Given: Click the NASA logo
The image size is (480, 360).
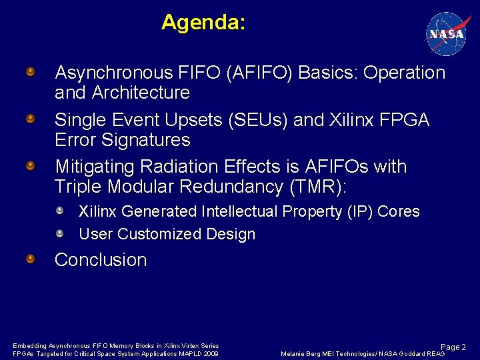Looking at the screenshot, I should click(x=446, y=33).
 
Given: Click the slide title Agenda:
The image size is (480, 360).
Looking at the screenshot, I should click(x=203, y=23).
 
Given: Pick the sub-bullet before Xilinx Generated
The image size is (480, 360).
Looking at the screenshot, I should click(x=60, y=211).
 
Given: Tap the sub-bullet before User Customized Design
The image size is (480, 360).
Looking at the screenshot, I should click(x=60, y=233).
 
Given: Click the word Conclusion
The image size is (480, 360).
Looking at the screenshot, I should click(x=101, y=260).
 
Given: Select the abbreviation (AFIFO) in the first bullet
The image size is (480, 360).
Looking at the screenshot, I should click(x=259, y=73).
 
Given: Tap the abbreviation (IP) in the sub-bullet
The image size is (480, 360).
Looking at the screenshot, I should click(x=359, y=211).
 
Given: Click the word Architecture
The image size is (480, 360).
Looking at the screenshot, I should click(x=142, y=93).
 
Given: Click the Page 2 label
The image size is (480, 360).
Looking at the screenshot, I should click(x=453, y=347).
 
